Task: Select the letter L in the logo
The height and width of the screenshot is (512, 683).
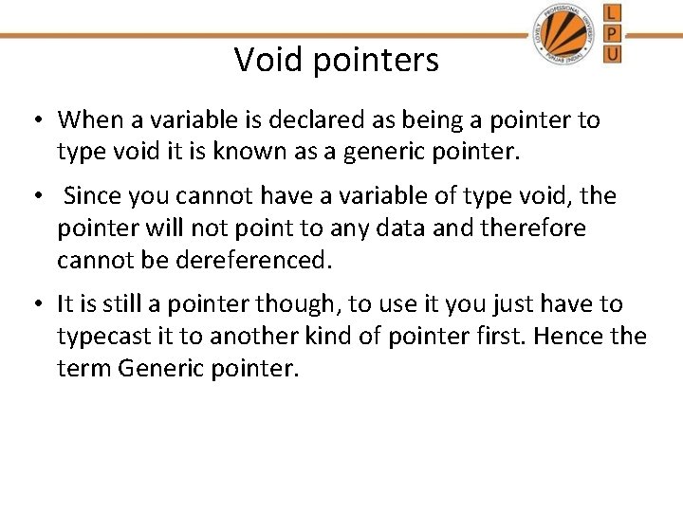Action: coord(612,13)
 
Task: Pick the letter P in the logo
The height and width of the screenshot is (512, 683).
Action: coord(612,33)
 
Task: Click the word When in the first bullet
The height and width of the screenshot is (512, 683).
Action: coord(88,120)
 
